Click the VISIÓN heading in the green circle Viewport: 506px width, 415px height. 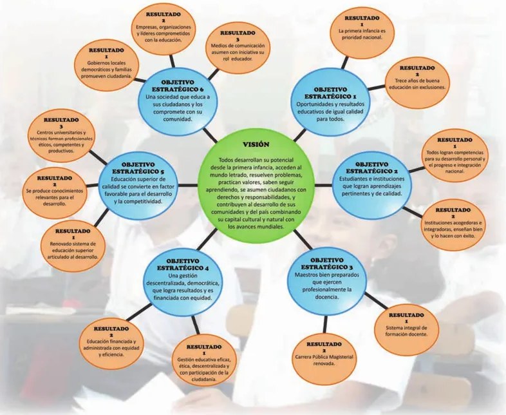(x=256, y=145)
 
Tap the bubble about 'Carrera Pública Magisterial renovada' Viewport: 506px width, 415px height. (x=324, y=353)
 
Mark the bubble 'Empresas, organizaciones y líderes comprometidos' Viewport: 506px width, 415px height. (x=164, y=27)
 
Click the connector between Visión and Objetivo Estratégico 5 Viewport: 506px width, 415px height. (x=188, y=185)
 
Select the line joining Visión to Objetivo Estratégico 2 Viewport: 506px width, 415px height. (x=323, y=185)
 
